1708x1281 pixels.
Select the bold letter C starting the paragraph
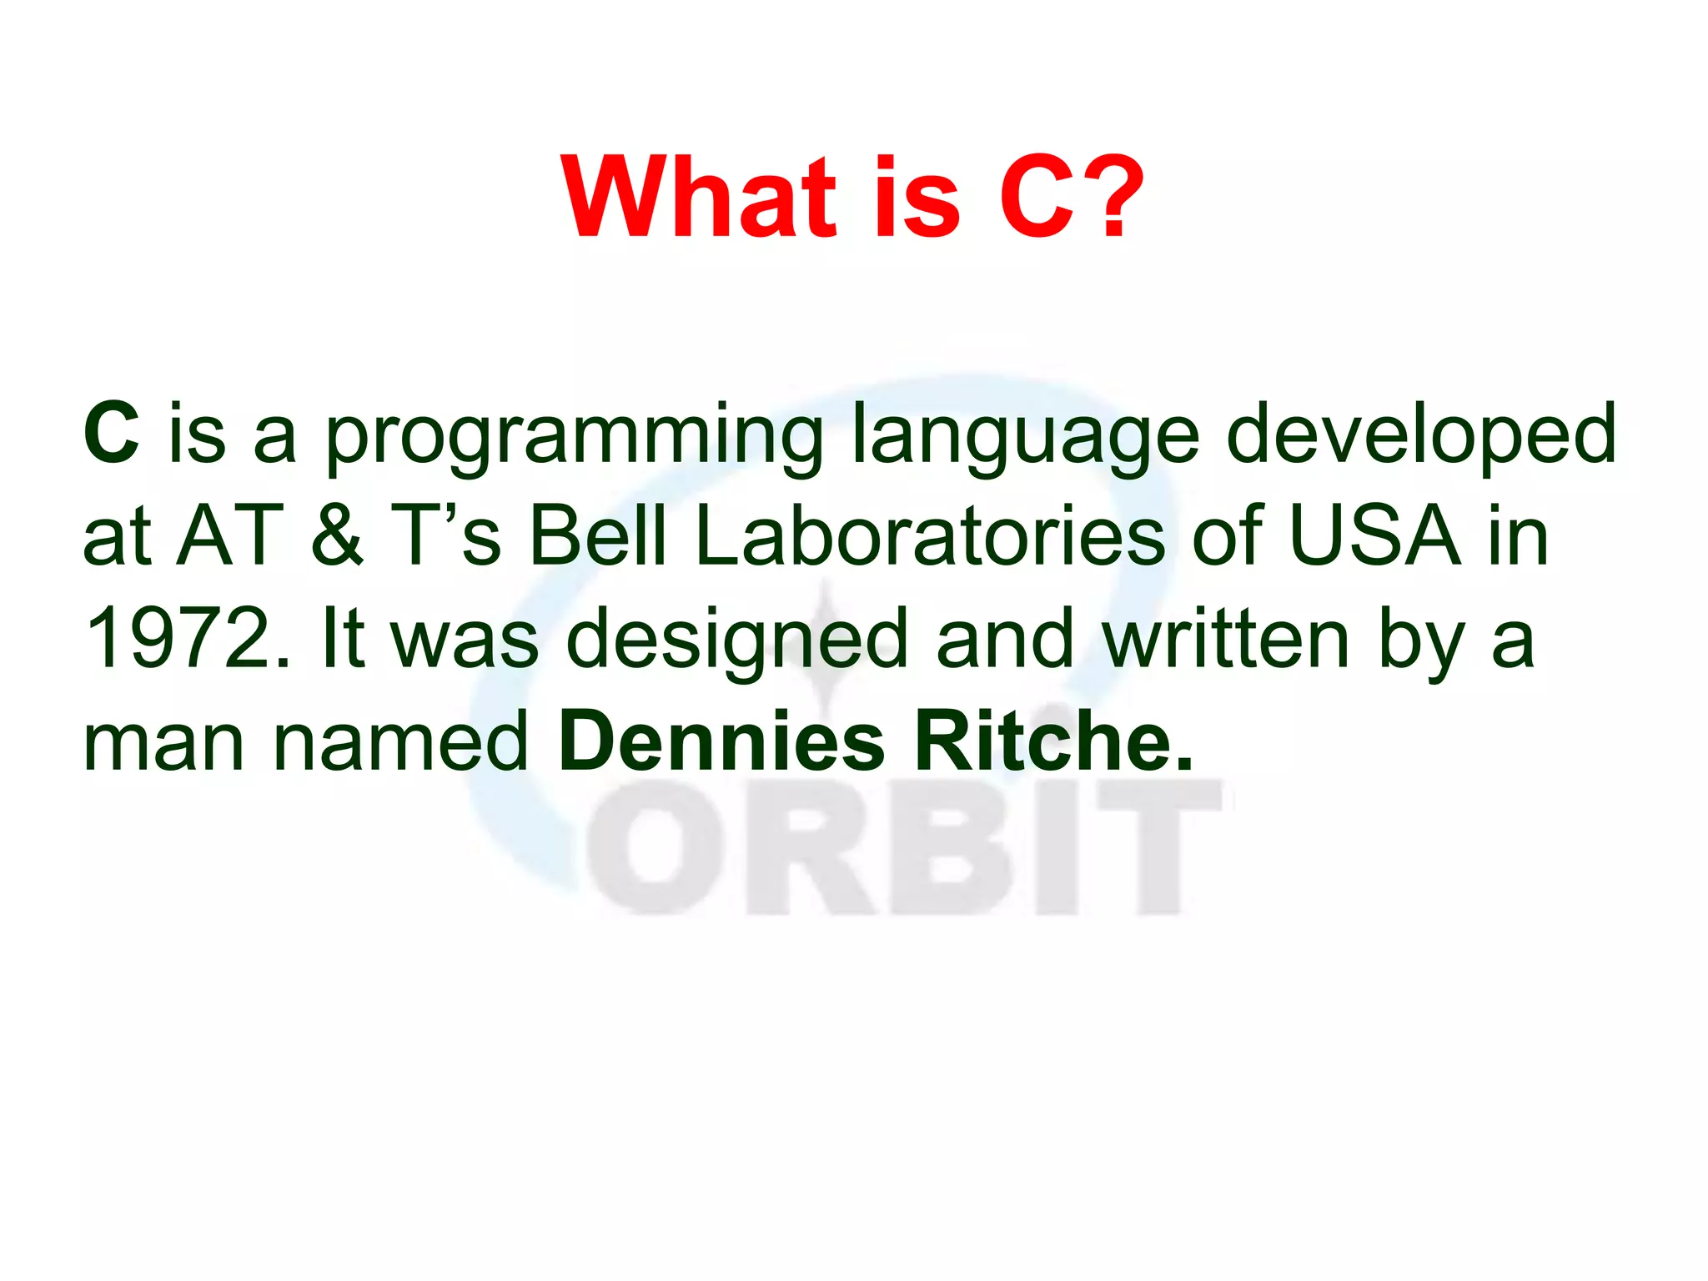click(x=111, y=434)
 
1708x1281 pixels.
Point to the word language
click(x=1025, y=438)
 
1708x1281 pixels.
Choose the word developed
click(x=1420, y=434)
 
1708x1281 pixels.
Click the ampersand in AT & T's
click(x=337, y=535)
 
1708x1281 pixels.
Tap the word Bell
click(x=598, y=535)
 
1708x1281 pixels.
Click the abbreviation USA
click(x=1374, y=535)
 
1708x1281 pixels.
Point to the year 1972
click(x=188, y=639)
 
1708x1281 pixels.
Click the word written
click(x=1225, y=639)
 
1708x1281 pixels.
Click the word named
click(x=401, y=741)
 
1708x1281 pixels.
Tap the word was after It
click(x=465, y=640)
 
